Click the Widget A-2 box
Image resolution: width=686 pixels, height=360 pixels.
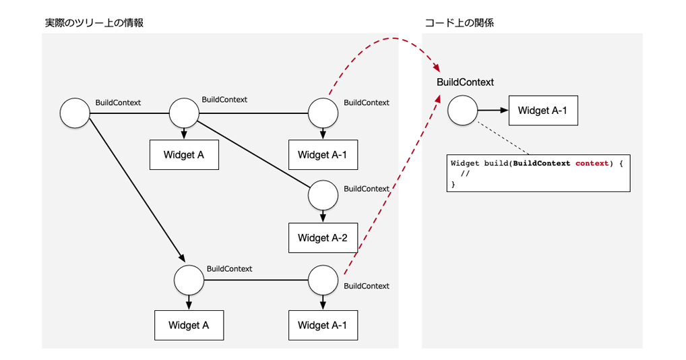[x=322, y=237]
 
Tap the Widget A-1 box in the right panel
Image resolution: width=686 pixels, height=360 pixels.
[x=542, y=111]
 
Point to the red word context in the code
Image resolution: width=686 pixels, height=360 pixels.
[x=592, y=163]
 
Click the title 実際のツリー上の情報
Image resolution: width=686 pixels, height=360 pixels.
[x=94, y=22]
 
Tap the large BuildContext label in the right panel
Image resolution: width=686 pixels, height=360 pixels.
[x=465, y=82]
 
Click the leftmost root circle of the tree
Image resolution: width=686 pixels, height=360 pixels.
[x=75, y=113]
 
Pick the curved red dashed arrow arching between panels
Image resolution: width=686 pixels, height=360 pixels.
[x=384, y=42]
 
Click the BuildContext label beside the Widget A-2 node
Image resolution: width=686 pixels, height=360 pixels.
[x=366, y=189]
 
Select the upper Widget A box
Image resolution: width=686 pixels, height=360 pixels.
[x=183, y=154]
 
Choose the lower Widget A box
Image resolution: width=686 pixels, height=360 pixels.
[x=189, y=325]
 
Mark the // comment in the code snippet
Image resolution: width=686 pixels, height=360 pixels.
[x=464, y=174]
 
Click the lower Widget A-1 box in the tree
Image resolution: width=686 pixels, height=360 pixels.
[x=322, y=325]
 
